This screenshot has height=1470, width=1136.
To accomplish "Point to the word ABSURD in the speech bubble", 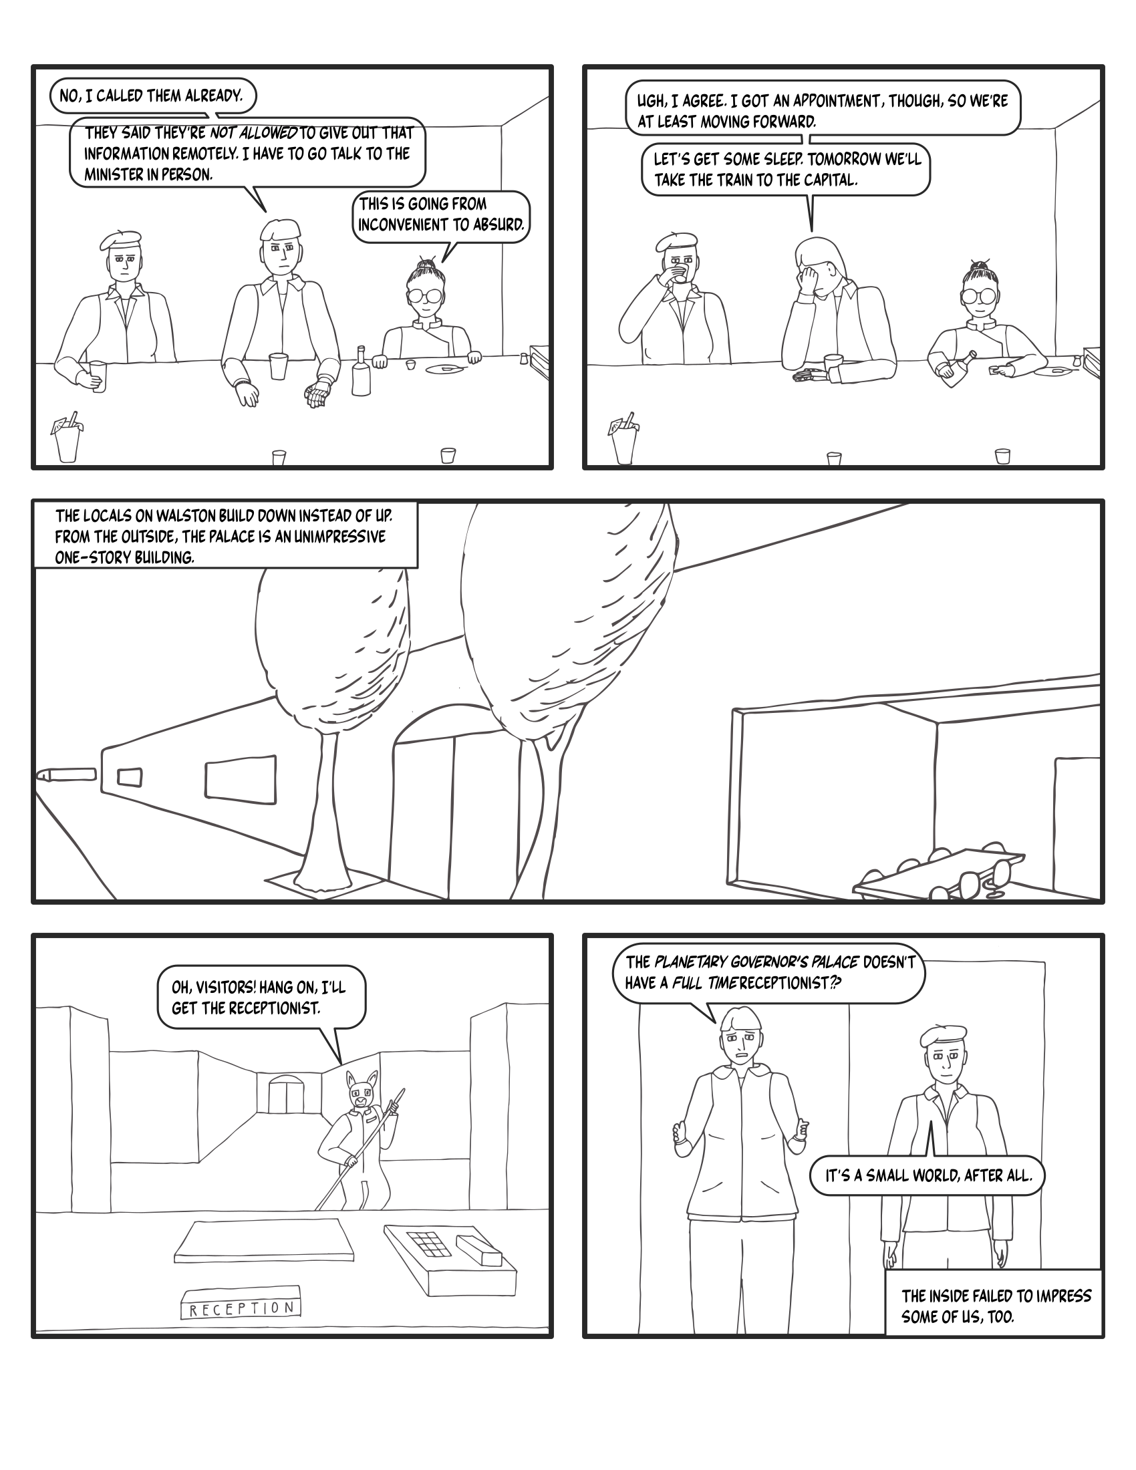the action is point(497,225).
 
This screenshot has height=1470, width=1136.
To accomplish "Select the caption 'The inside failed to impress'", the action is point(996,1296).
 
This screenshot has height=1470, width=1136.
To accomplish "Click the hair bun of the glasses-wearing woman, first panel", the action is point(423,263).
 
